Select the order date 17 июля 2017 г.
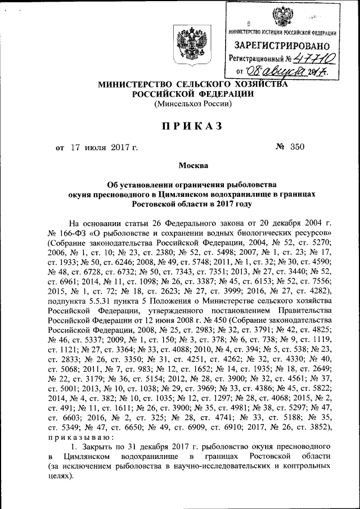point(104,148)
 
